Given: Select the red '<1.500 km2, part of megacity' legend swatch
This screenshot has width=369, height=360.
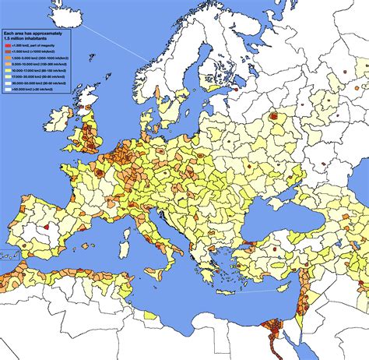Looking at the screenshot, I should [x=6, y=48].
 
